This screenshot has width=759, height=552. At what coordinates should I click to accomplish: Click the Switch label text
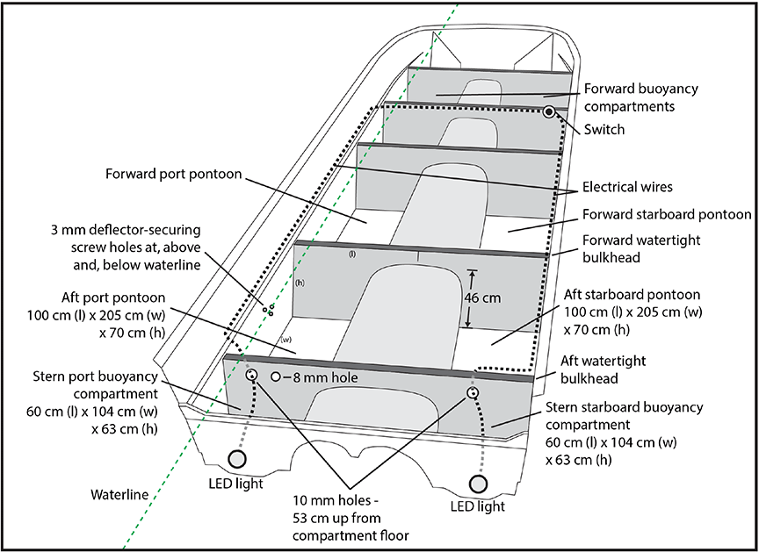click(604, 130)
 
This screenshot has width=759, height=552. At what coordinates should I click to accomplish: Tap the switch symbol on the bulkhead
click(548, 111)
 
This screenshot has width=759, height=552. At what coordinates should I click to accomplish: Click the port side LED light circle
click(238, 458)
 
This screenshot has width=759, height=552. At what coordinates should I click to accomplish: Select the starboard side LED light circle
click(479, 483)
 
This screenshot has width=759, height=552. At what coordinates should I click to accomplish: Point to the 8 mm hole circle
click(276, 376)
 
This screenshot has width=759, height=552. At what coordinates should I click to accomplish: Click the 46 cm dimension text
click(482, 298)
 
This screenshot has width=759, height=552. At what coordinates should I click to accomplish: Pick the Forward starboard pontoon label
click(666, 214)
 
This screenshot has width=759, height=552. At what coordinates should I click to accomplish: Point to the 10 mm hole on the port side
click(252, 375)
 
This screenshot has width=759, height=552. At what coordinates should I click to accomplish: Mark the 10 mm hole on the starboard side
click(473, 392)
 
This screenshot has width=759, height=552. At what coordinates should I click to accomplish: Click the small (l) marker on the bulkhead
click(351, 255)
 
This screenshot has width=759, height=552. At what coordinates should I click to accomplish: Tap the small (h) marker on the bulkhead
click(299, 283)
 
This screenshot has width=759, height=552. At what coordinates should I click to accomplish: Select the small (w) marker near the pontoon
click(285, 339)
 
